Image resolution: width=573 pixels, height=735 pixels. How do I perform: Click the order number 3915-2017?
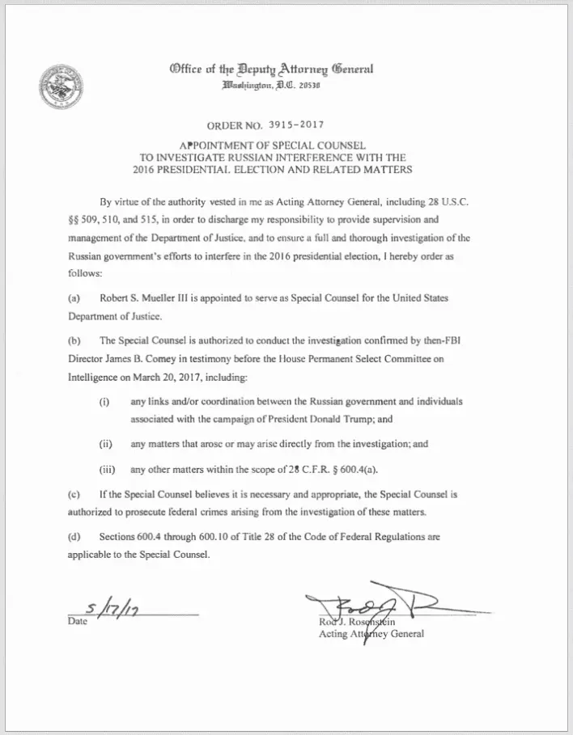[291, 125]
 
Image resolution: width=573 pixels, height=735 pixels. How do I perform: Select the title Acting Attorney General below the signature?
[371, 634]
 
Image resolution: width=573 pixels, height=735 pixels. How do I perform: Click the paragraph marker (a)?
[74, 298]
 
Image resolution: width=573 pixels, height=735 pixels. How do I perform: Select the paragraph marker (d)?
[74, 536]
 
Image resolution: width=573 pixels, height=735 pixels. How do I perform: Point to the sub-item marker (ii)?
[104, 444]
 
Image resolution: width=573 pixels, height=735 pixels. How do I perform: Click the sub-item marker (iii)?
[106, 469]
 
